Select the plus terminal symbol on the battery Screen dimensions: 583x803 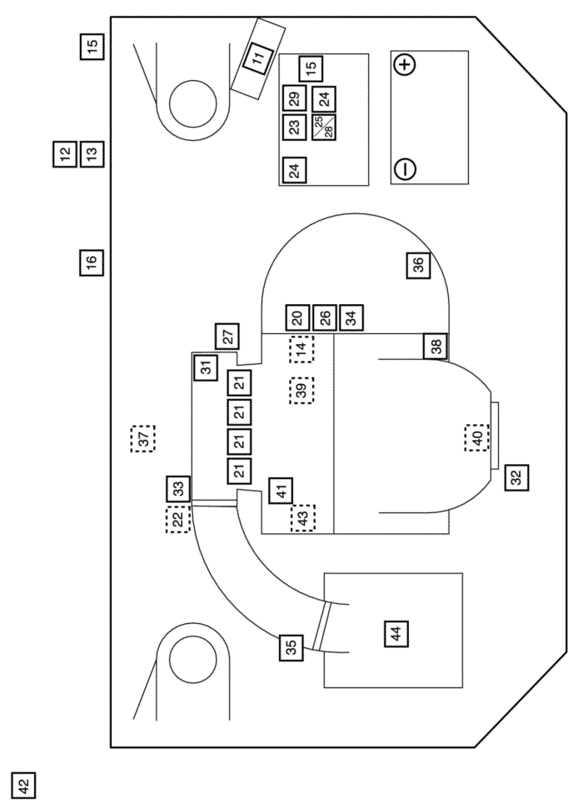coord(405,64)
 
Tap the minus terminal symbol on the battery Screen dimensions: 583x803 coord(405,168)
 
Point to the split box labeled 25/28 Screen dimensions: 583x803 coord(324,127)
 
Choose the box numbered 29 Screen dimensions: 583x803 coord(295,99)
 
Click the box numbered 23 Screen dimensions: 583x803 coord(295,127)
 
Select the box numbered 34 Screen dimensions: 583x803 coord(351,318)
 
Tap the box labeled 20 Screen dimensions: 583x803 coord(298,318)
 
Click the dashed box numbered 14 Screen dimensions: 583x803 coord(301,349)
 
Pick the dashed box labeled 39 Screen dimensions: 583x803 coord(301,391)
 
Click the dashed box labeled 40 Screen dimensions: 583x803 coord(477,438)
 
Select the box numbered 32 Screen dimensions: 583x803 coord(516,477)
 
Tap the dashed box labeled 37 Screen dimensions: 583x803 coord(143,438)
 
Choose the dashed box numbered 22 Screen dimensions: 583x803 coord(178,519)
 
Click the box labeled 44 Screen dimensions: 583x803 coord(396,634)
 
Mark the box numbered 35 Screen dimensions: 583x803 coord(291,647)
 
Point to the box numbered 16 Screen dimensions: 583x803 coord(92,262)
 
